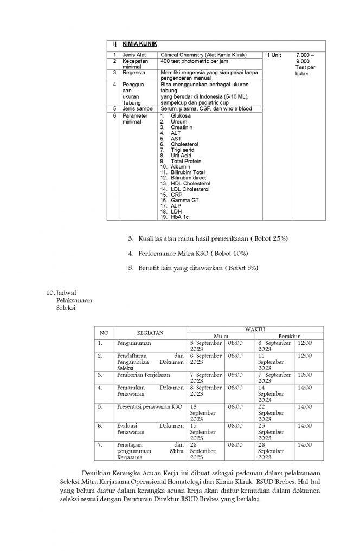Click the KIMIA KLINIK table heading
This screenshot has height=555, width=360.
140,44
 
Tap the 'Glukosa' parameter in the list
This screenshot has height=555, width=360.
181,115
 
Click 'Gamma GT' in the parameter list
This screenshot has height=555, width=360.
184,200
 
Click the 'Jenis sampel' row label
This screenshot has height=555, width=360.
138,109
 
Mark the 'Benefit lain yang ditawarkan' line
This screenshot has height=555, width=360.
198,268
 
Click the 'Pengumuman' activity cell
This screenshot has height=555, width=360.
134,343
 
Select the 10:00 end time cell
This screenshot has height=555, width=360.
305,375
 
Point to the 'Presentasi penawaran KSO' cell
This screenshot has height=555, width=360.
150,406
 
